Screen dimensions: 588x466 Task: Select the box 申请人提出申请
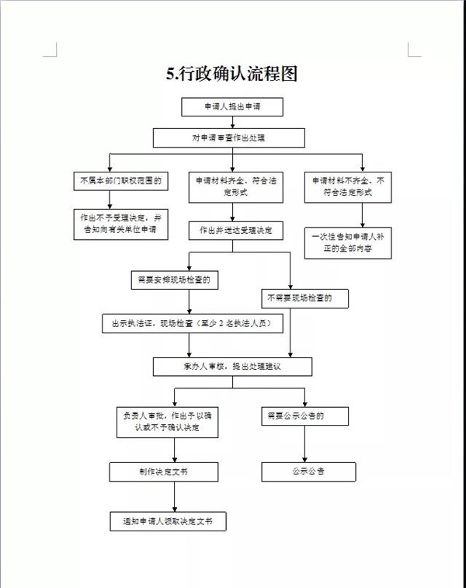click(232, 106)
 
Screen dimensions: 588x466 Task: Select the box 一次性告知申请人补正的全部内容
click(347, 242)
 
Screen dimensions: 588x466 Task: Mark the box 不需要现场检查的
click(304, 298)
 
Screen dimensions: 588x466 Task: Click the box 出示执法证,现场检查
click(191, 323)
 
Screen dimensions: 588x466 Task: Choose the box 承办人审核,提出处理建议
click(232, 367)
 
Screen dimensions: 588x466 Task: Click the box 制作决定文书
click(164, 471)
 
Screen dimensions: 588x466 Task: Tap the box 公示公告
click(308, 471)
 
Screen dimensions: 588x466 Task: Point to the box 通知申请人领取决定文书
click(168, 521)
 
